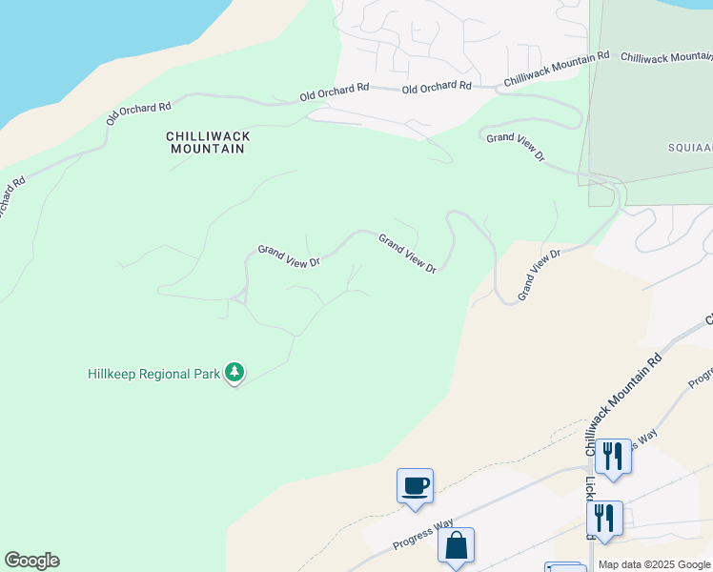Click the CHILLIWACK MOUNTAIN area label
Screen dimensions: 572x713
tap(209, 142)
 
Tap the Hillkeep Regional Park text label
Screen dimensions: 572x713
tap(153, 373)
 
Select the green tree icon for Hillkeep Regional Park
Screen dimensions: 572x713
tap(234, 373)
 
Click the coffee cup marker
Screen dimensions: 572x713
tap(415, 486)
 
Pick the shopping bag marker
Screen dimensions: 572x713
tap(456, 545)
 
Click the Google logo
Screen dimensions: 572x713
tap(31, 561)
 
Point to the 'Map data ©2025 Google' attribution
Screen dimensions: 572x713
tap(654, 564)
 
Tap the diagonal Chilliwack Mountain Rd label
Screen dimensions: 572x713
tap(623, 404)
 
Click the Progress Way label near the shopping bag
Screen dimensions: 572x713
tap(423, 535)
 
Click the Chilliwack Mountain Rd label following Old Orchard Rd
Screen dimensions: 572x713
tap(557, 70)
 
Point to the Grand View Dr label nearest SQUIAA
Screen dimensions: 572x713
tap(516, 147)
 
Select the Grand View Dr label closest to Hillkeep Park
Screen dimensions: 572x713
tap(288, 255)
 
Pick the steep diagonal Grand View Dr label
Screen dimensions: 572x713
tap(540, 276)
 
